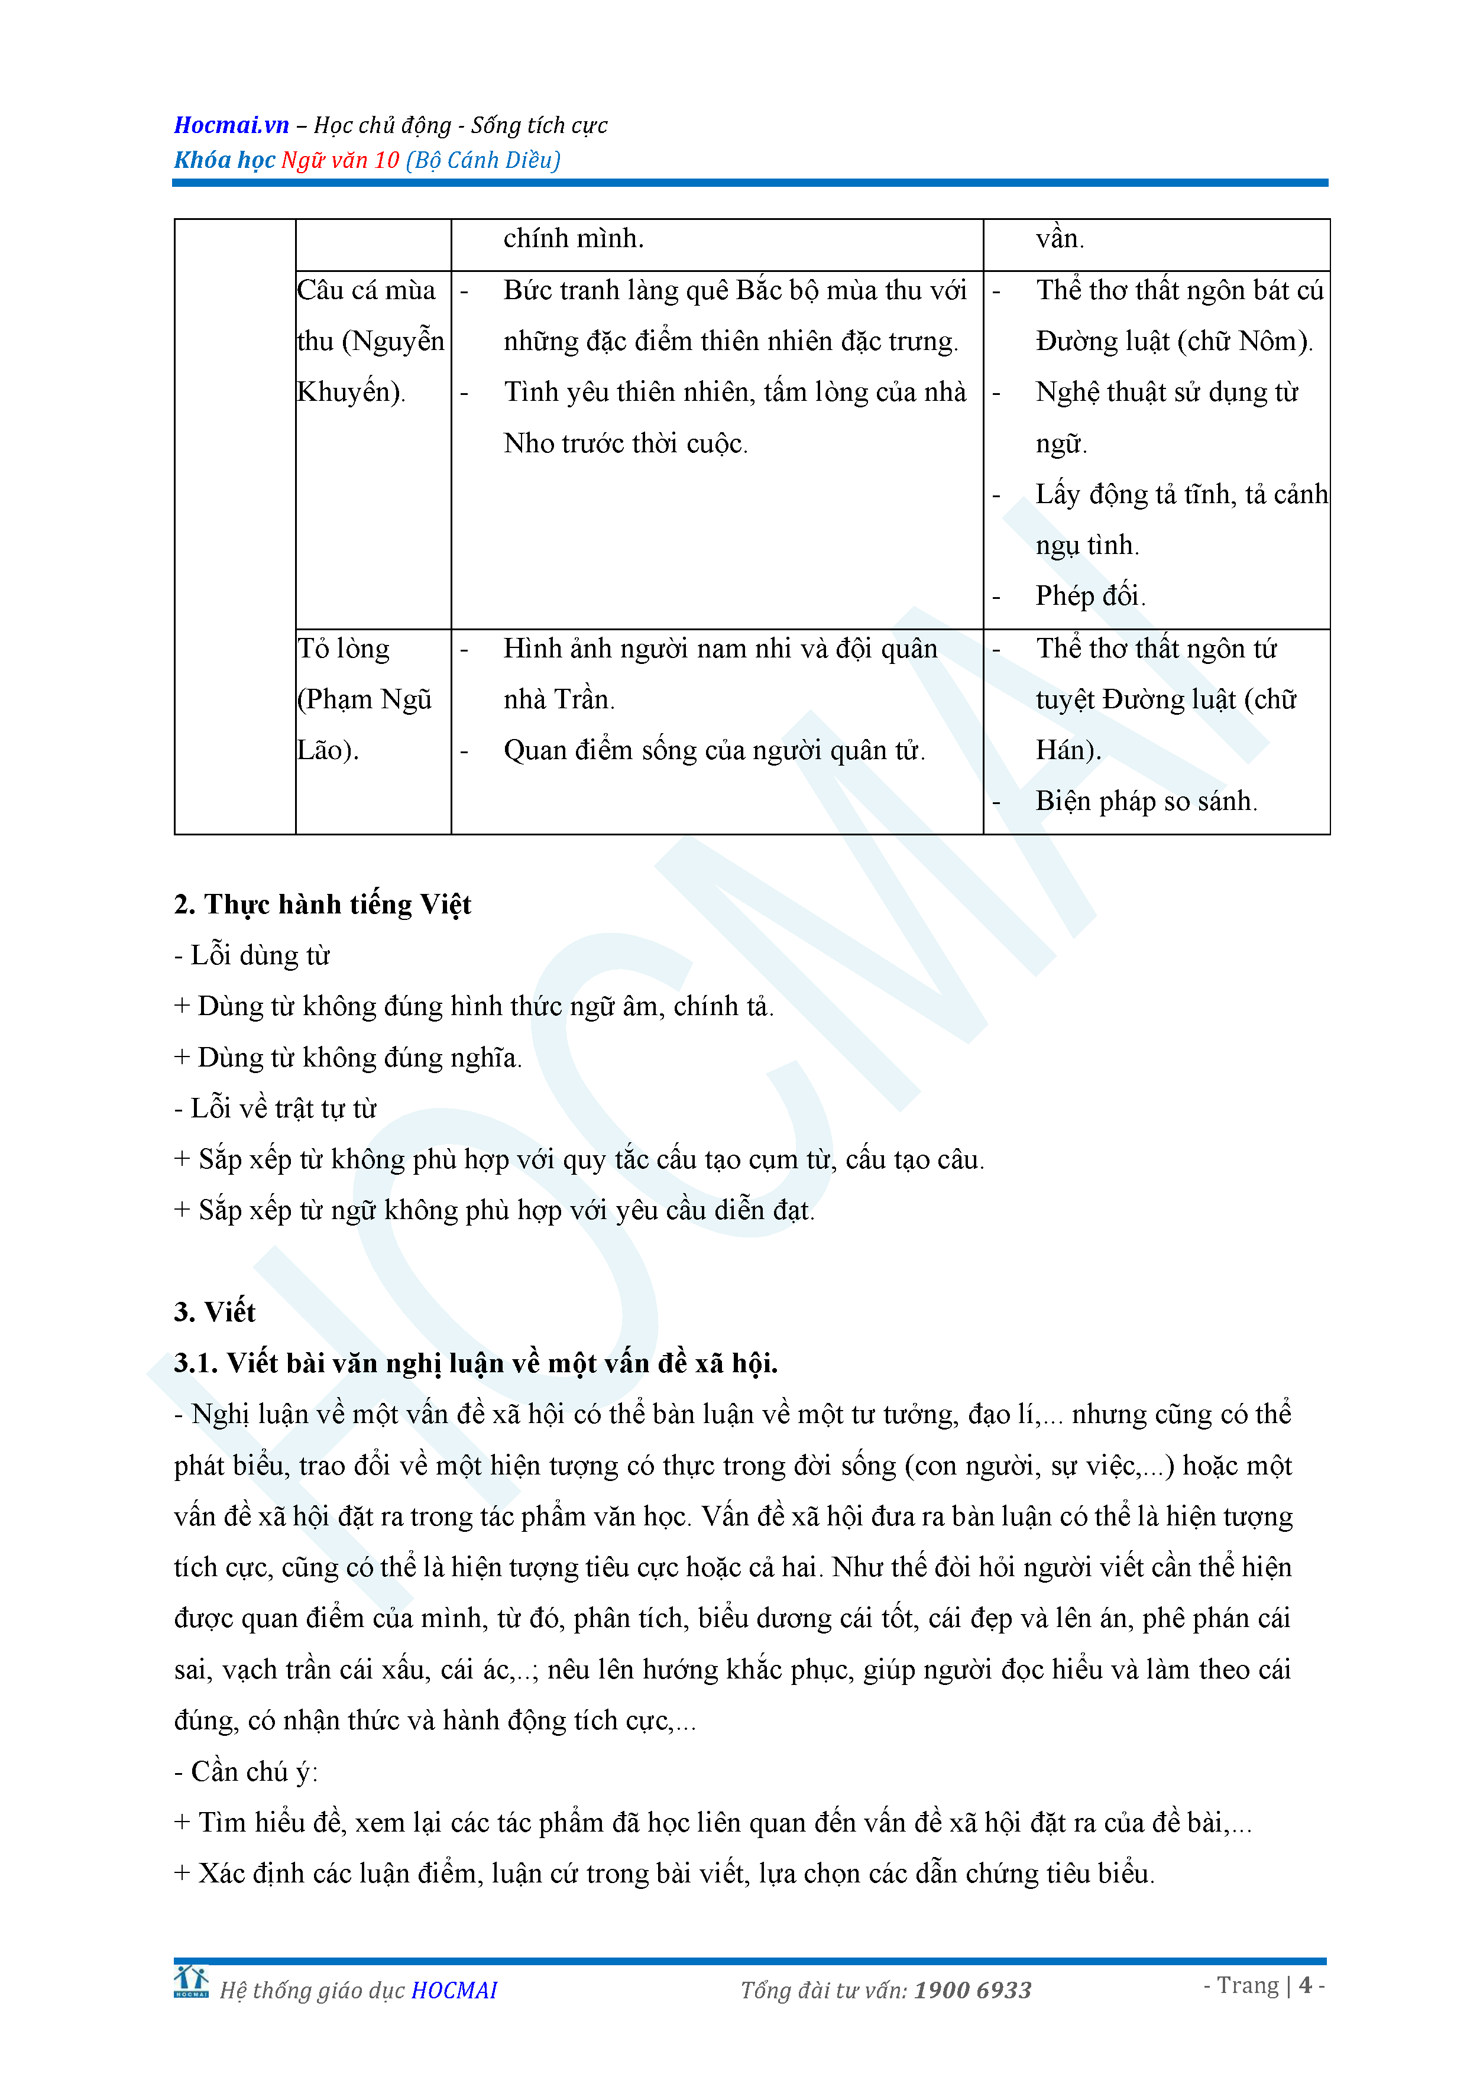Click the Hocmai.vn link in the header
coord(231,125)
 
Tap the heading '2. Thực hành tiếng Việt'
coord(322,904)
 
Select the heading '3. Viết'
coord(215,1311)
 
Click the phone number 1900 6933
coord(972,1990)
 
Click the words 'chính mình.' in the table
coord(574,238)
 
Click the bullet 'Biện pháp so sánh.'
coord(1145,801)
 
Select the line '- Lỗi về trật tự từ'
coord(276,1109)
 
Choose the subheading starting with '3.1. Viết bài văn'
coord(476,1363)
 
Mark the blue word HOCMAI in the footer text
coord(454,1990)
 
